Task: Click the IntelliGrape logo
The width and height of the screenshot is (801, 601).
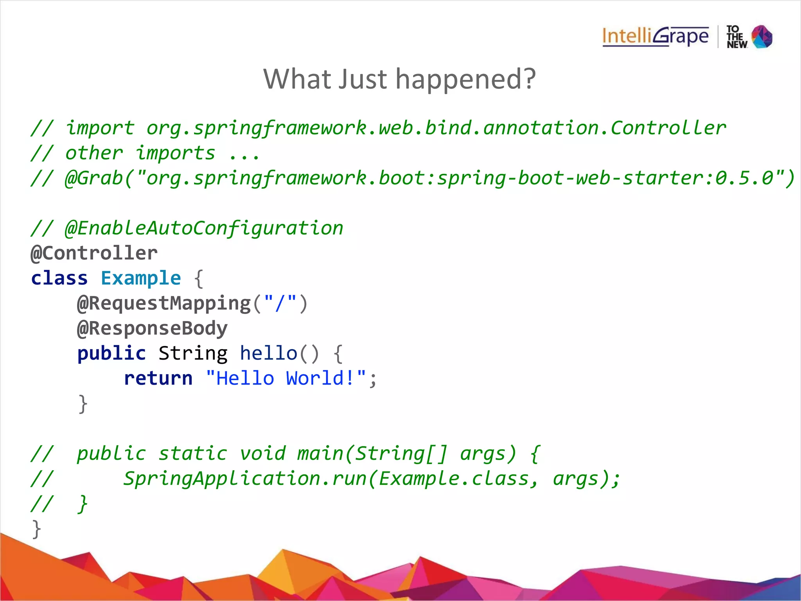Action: click(655, 36)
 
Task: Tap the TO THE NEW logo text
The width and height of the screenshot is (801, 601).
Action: click(736, 37)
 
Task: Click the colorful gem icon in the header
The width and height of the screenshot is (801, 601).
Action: click(762, 37)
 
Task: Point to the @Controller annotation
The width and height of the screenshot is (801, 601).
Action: click(94, 253)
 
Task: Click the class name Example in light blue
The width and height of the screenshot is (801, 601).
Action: click(141, 278)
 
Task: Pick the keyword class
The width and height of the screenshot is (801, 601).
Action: click(59, 278)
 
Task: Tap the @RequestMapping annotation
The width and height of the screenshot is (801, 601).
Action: click(164, 304)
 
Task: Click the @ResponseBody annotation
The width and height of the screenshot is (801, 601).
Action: click(152, 328)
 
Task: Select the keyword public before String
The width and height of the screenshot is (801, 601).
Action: click(111, 353)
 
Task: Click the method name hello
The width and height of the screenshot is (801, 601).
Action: click(268, 353)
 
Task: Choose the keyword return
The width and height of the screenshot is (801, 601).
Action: click(158, 378)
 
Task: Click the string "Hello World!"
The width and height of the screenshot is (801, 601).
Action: click(286, 378)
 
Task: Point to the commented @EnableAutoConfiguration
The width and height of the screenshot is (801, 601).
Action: click(204, 228)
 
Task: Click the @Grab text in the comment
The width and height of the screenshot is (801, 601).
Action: click(94, 178)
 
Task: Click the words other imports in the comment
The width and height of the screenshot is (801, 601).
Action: click(140, 153)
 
